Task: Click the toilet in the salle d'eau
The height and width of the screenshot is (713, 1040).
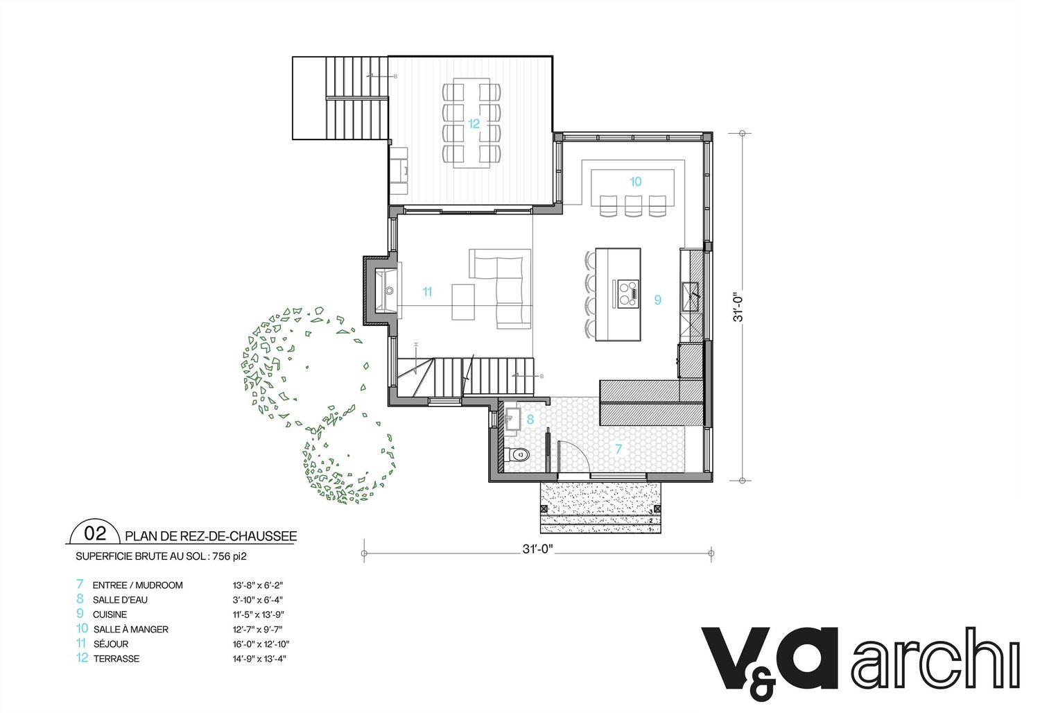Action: tap(517, 454)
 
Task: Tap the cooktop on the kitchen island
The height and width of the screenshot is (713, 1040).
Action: tap(628, 293)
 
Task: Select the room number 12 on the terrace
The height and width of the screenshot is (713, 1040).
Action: tap(474, 124)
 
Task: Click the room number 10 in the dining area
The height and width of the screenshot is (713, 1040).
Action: tap(636, 182)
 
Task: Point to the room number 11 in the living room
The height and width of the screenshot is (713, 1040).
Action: tap(427, 292)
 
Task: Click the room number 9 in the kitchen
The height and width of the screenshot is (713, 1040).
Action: tap(658, 300)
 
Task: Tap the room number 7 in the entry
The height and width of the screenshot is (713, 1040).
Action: tap(618, 449)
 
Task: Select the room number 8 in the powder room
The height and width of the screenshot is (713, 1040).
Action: tap(530, 420)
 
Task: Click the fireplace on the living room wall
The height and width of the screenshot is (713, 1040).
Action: tap(381, 291)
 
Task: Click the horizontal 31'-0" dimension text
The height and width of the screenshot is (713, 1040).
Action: tap(537, 549)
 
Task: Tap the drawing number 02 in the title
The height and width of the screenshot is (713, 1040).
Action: tap(95, 533)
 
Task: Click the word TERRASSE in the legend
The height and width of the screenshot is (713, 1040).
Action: tap(116, 659)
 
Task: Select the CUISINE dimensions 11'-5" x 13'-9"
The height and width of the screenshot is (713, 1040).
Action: tap(258, 615)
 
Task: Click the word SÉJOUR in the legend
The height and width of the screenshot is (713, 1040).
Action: tap(110, 644)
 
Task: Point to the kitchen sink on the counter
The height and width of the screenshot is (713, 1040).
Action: tap(689, 297)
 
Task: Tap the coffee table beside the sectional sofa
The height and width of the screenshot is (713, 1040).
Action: tap(463, 302)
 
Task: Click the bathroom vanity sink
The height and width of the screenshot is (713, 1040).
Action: tap(512, 420)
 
